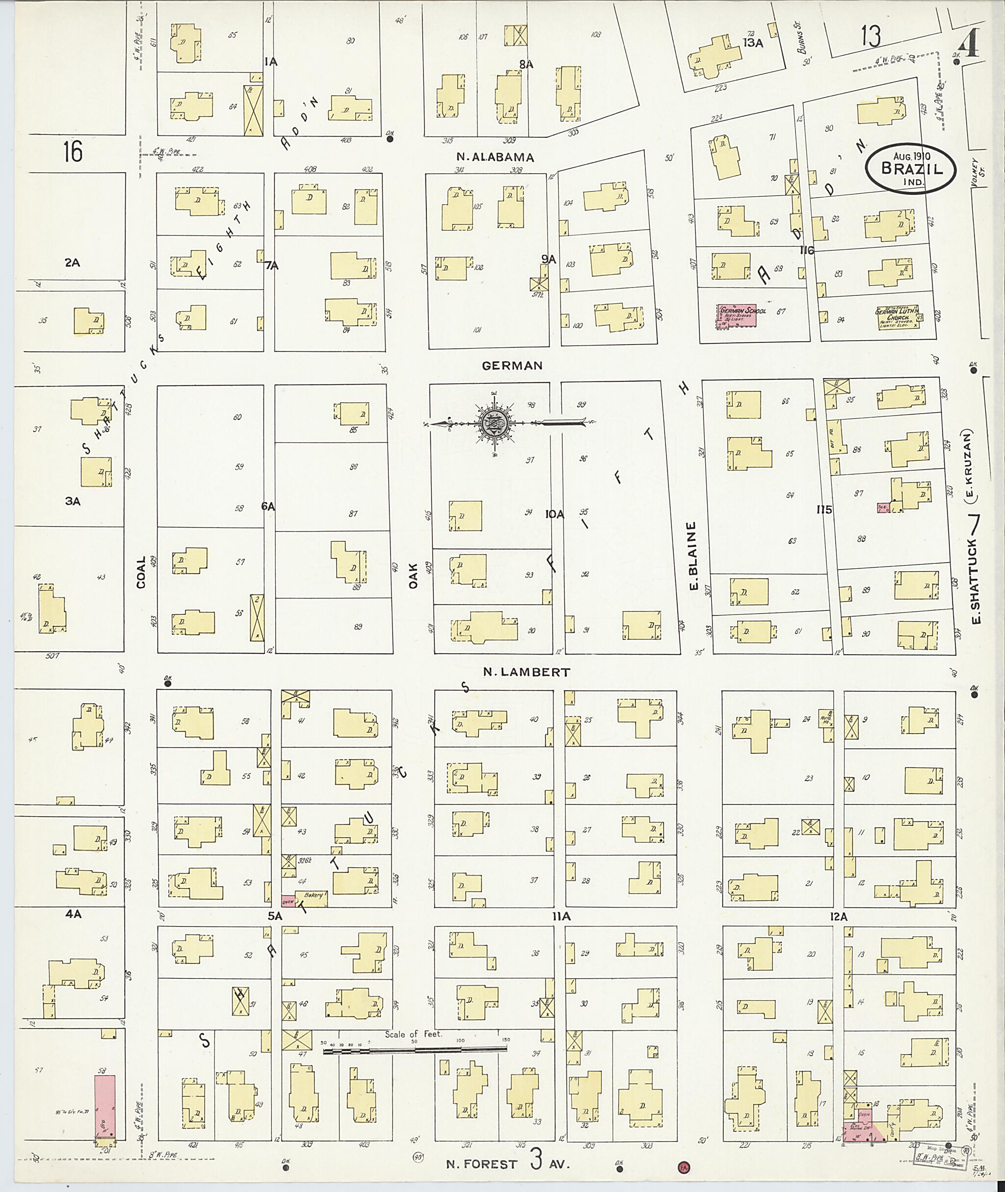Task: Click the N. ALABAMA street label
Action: (495, 157)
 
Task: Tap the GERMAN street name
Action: (512, 366)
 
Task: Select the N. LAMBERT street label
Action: (526, 672)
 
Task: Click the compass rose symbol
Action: (491, 424)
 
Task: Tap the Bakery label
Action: (313, 896)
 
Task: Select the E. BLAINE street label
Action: (693, 555)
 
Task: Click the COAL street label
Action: (141, 572)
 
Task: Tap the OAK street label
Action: (413, 575)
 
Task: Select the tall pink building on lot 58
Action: (105, 1108)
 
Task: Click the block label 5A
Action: (275, 916)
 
